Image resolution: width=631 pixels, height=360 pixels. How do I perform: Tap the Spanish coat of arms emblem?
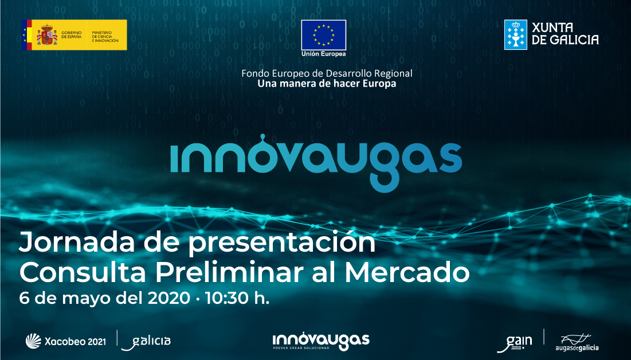(46, 34)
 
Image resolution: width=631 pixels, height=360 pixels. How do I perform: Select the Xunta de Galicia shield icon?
(515, 34)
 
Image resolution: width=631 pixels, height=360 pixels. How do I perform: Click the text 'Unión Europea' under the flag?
(324, 54)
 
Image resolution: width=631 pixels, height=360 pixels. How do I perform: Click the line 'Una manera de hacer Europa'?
(327, 84)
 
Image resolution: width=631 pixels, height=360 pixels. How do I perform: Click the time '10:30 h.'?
(241, 299)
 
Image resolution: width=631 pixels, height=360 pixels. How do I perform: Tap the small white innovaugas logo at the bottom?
(321, 340)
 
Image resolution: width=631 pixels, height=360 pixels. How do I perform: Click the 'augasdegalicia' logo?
(577, 342)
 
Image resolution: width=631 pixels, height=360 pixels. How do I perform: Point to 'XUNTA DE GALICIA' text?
(565, 34)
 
